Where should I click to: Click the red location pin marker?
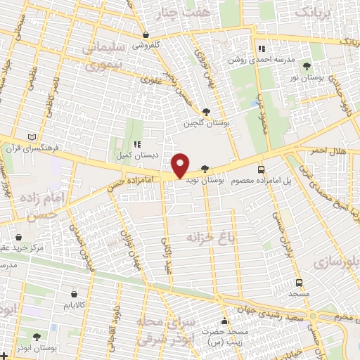tap(181, 165)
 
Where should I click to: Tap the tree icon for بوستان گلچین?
tap(206, 111)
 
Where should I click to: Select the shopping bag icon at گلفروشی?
tap(146, 34)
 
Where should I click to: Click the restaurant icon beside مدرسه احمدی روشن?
tap(262, 49)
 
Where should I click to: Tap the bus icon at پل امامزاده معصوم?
tap(262, 169)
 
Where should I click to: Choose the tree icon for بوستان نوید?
tap(204, 169)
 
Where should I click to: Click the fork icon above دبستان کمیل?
tap(138, 144)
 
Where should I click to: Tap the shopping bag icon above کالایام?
tap(75, 293)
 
